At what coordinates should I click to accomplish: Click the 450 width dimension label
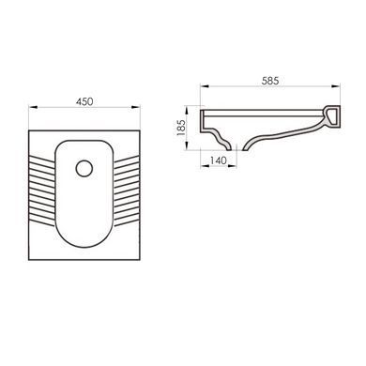tap(84, 101)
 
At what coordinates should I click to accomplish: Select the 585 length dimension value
tap(270, 81)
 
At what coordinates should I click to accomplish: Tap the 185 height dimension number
tap(181, 128)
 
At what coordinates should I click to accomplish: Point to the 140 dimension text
tap(218, 160)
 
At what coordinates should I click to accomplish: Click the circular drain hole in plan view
tap(84, 168)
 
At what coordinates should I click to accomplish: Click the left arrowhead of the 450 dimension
tap(33, 107)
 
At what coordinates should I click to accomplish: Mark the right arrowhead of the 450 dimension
tap(136, 107)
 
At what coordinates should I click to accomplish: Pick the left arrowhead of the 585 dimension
tap(205, 86)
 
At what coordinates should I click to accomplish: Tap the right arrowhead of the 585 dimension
tap(336, 86)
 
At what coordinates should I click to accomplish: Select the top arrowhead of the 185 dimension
tap(187, 110)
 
